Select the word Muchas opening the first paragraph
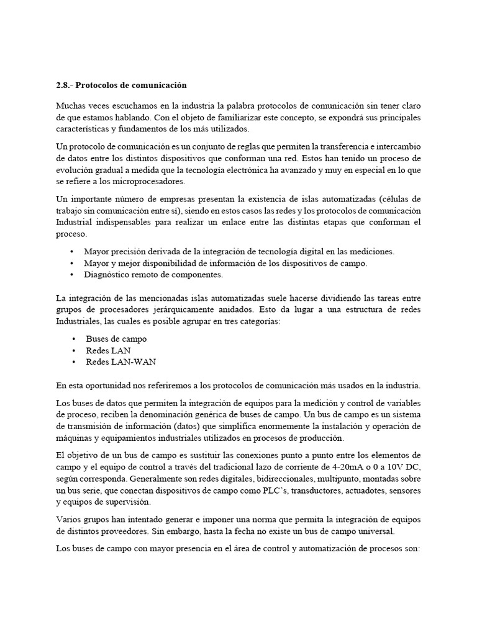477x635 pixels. click(72, 105)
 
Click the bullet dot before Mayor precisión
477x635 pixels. click(73, 252)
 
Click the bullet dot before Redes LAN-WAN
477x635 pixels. click(73, 362)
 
